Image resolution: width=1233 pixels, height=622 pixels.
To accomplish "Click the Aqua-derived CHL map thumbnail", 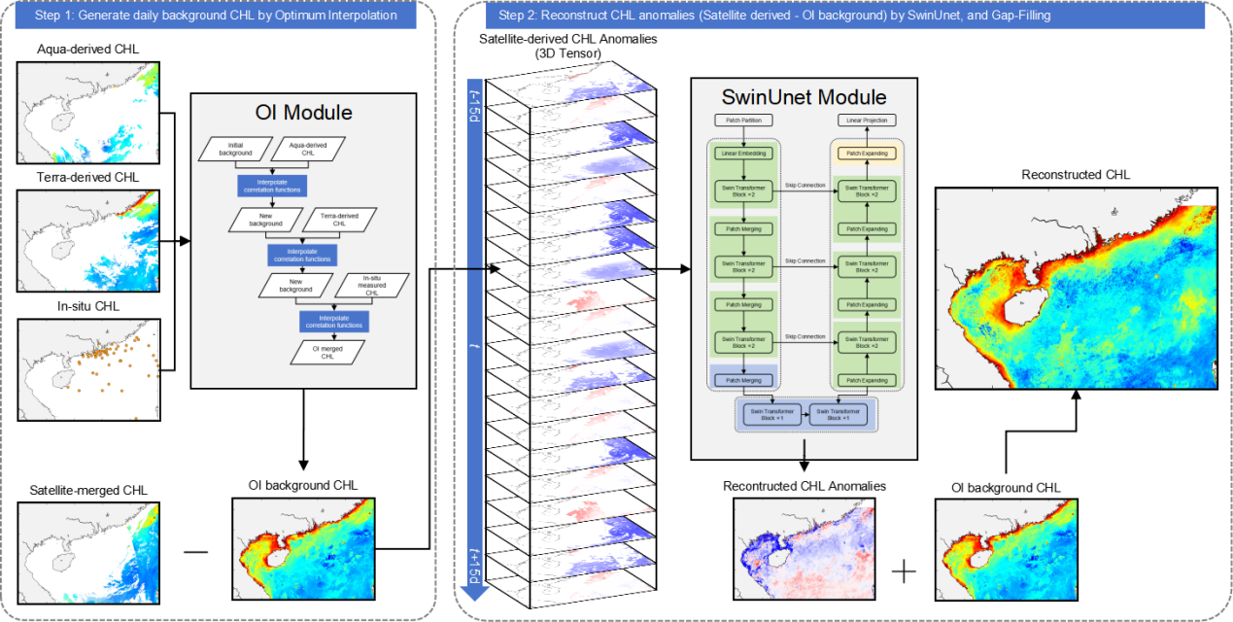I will pos(88,111).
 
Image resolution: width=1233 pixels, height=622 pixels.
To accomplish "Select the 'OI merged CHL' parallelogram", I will pos(326,350).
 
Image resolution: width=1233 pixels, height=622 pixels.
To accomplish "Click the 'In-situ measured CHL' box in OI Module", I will pos(369,287).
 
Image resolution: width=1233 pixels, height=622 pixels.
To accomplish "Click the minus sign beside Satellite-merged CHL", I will pos(195,551).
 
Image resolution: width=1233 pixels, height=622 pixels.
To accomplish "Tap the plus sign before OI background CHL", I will pos(904,570).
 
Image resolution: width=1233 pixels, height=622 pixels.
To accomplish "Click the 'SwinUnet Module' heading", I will pos(804,97).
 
